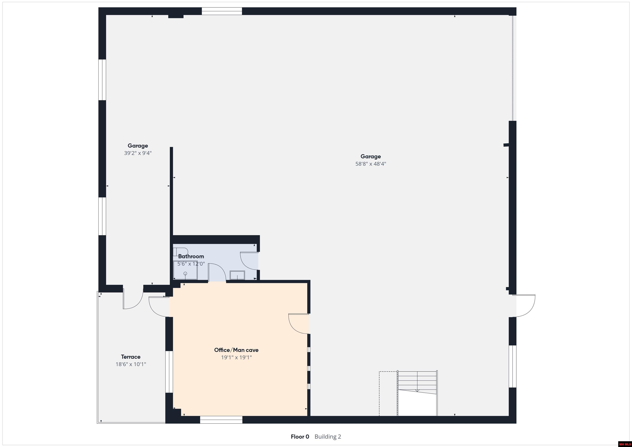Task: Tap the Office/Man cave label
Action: pyautogui.click(x=236, y=350)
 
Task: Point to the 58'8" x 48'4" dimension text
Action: pyautogui.click(x=371, y=164)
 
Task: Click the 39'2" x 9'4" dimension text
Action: pyautogui.click(x=138, y=153)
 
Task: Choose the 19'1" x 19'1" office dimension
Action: pyautogui.click(x=236, y=357)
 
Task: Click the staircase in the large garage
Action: pyautogui.click(x=417, y=393)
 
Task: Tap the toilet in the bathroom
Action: pyautogui.click(x=180, y=252)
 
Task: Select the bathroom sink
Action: pyautogui.click(x=237, y=275)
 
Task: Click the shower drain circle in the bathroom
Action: pyautogui.click(x=185, y=273)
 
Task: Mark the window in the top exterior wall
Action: pyautogui.click(x=222, y=11)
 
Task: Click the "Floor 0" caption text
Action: pyautogui.click(x=300, y=437)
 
